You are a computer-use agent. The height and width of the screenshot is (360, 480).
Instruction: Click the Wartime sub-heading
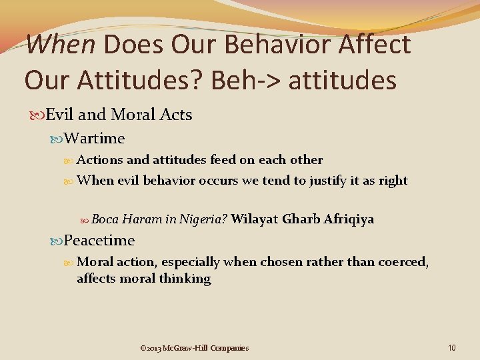[95, 138]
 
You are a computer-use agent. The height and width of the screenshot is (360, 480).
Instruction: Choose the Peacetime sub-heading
[99, 240]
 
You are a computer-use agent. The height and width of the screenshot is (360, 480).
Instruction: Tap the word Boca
[105, 219]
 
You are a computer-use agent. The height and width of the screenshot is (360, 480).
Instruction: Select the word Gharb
[301, 219]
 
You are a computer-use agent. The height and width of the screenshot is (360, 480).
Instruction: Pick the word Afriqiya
[349, 219]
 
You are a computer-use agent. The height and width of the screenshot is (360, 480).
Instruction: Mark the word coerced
[403, 263]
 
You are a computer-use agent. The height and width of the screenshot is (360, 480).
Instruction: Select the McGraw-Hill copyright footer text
[194, 347]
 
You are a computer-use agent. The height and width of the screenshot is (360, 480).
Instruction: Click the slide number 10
[451, 347]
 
